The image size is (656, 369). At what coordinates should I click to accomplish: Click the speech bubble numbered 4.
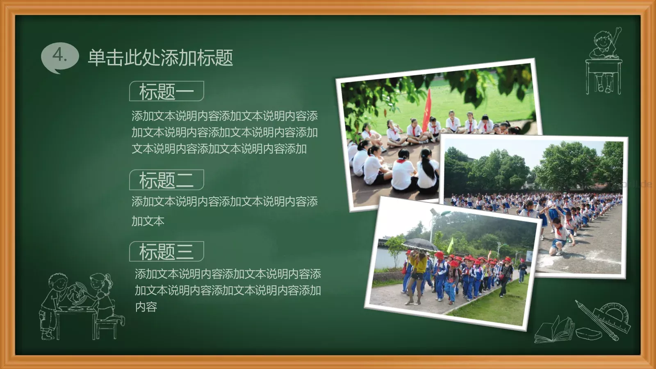tap(60, 56)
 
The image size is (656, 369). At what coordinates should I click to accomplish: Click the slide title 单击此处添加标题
tap(160, 58)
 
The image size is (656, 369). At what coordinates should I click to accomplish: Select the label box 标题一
tap(166, 91)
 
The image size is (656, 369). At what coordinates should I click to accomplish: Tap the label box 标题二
tap(166, 180)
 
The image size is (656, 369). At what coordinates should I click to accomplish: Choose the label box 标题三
tap(166, 251)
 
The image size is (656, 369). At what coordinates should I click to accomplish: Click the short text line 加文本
tap(148, 221)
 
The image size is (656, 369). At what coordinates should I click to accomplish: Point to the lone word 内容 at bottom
tap(146, 307)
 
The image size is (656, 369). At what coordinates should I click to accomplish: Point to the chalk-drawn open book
tap(553, 330)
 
